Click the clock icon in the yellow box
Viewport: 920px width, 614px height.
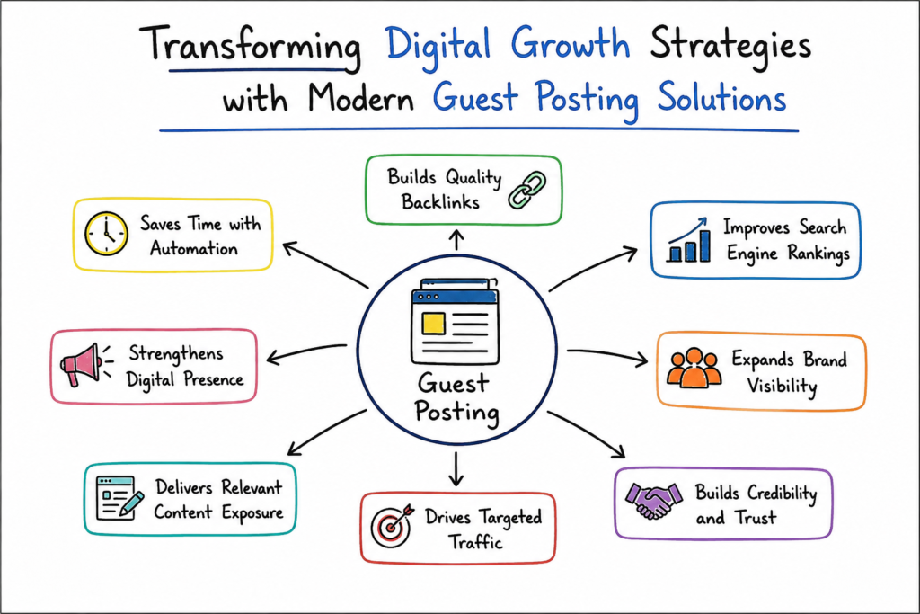tap(106, 234)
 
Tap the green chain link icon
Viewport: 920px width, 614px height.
tap(526, 191)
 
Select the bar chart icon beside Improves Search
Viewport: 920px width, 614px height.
tap(689, 240)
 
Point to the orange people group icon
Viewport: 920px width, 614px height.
tap(694, 368)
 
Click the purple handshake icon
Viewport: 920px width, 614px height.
tap(654, 501)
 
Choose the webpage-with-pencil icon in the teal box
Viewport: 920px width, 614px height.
tap(119, 498)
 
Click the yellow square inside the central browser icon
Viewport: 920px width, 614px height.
tap(433, 324)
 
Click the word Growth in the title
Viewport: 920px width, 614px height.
tap(570, 43)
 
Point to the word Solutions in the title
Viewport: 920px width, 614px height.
tap(721, 97)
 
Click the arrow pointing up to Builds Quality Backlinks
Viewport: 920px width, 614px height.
tap(456, 240)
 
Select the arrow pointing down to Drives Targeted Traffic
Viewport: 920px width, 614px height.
tap(456, 469)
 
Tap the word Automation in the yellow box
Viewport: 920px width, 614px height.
tap(194, 249)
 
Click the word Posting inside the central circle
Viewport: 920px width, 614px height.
tap(457, 412)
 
